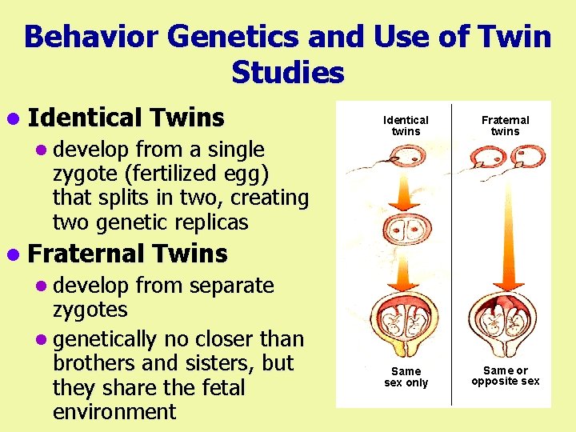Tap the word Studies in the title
(x=287, y=73)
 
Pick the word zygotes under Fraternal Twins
(x=90, y=310)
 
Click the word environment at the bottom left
(x=114, y=412)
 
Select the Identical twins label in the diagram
(x=406, y=126)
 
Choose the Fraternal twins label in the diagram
(x=505, y=126)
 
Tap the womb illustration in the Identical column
(x=406, y=322)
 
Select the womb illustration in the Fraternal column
(x=506, y=322)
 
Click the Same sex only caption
(x=406, y=377)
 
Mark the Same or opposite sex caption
(x=505, y=375)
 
